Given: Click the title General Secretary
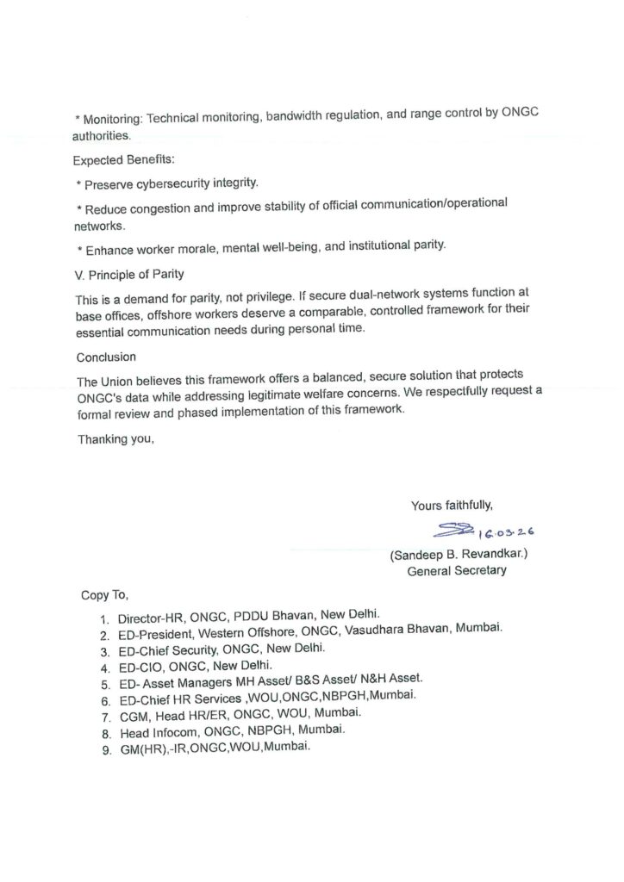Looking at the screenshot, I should (457, 570).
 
